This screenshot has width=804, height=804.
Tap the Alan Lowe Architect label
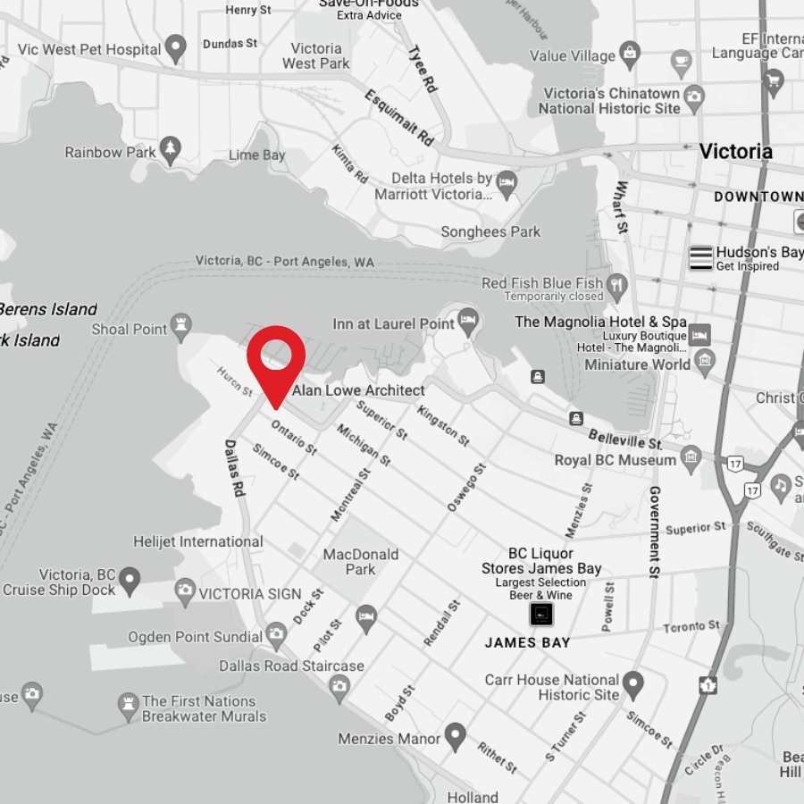(x=359, y=390)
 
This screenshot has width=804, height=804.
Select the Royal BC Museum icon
(x=691, y=460)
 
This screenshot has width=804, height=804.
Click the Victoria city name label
(x=735, y=151)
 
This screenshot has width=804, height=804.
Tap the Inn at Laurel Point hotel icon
(x=468, y=319)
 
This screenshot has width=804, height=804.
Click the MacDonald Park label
(x=361, y=562)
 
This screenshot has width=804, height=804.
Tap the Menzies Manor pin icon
(x=456, y=735)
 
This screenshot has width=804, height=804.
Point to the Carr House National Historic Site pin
(x=633, y=684)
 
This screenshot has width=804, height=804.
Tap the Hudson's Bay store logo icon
(x=701, y=257)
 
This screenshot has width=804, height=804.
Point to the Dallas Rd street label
(x=234, y=467)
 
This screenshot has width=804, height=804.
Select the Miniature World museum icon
(x=705, y=361)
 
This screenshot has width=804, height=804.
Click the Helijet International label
(x=198, y=541)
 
